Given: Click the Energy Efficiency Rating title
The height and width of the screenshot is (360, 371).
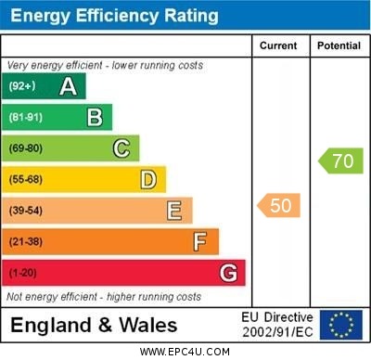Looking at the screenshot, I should [114, 16].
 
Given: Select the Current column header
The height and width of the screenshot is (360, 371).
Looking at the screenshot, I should [278, 45].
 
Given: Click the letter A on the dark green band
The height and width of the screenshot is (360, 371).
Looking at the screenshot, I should [68, 86].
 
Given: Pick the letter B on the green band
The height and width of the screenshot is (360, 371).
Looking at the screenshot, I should [95, 117].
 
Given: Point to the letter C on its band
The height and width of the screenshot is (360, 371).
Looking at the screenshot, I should [121, 148].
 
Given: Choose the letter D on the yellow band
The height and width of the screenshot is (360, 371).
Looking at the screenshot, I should [147, 179].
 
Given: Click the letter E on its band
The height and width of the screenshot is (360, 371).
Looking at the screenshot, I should [174, 211].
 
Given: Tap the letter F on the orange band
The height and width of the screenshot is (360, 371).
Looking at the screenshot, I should [200, 242].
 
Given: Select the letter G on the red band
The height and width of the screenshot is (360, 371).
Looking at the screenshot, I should [228, 273].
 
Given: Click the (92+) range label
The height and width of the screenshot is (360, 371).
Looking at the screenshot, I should [23, 86].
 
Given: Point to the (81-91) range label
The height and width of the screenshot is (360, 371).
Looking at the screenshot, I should [26, 118].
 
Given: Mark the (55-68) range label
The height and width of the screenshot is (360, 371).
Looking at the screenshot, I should [26, 180].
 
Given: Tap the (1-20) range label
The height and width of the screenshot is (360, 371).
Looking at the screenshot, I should [23, 274].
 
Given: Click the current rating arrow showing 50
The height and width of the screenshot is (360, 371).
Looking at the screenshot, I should [278, 205].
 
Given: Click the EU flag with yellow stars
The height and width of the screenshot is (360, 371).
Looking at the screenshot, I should [341, 325].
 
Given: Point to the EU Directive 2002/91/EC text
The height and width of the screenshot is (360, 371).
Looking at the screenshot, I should [277, 325].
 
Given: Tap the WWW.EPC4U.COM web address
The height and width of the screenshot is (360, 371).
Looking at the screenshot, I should [185, 352].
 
